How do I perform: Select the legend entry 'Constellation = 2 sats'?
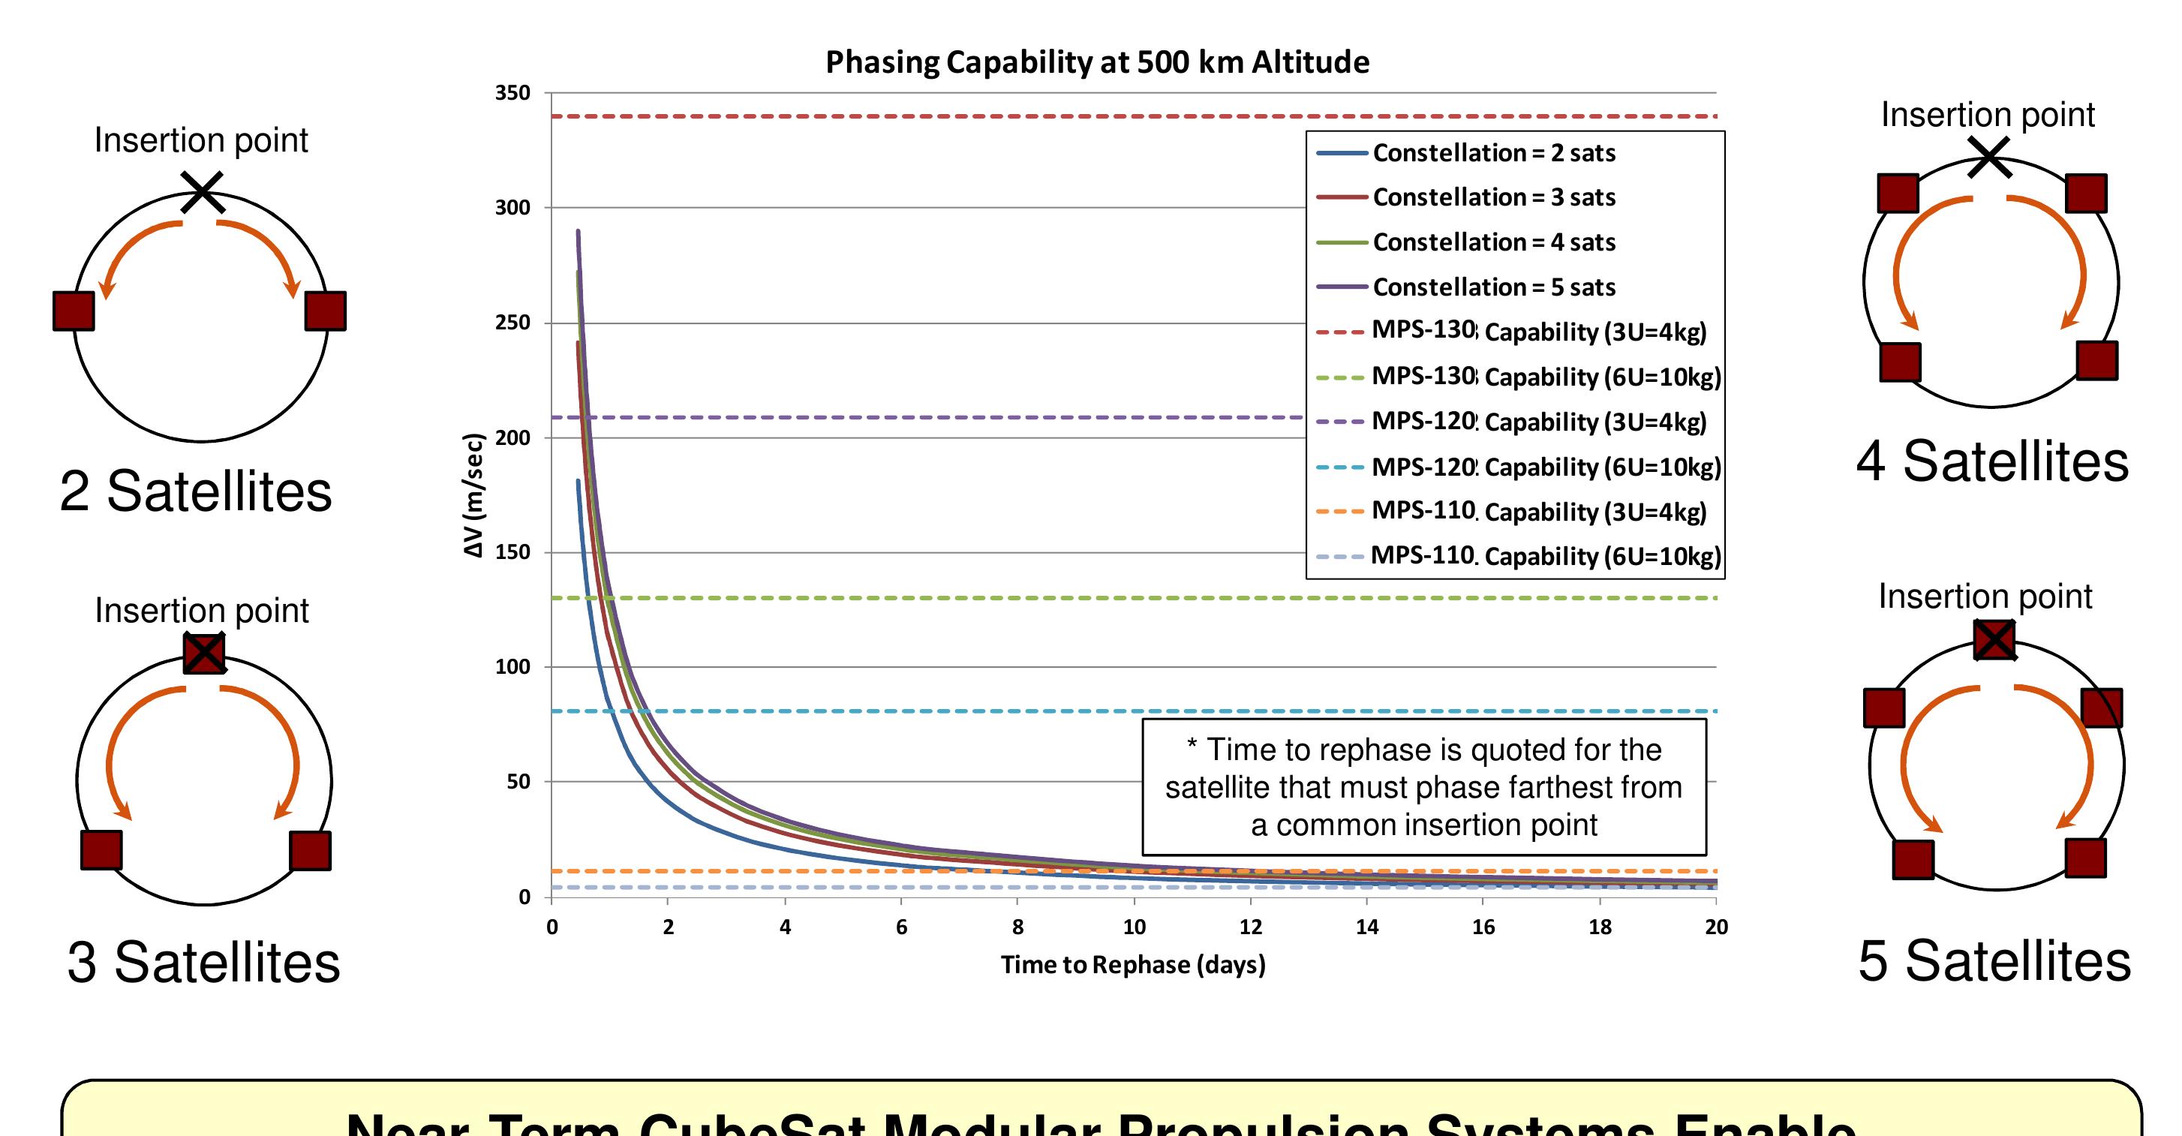pyautogui.click(x=1493, y=153)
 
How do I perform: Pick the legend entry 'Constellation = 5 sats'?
pyautogui.click(x=1493, y=287)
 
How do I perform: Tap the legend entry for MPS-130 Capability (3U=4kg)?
pyautogui.click(x=1538, y=331)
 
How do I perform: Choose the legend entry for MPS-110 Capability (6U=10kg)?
pyautogui.click(x=1545, y=556)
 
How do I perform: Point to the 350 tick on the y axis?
pyautogui.click(x=512, y=93)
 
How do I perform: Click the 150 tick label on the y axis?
pyautogui.click(x=512, y=552)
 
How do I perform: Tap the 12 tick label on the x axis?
pyautogui.click(x=1250, y=927)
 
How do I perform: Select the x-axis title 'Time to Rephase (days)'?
pyautogui.click(x=1132, y=965)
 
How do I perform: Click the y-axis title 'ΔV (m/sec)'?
pyautogui.click(x=474, y=495)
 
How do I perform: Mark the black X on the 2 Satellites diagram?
pyautogui.click(x=202, y=192)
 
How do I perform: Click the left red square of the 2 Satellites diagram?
pyautogui.click(x=74, y=311)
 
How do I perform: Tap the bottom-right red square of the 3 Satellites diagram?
pyautogui.click(x=310, y=851)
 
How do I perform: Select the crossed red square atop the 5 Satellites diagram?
pyautogui.click(x=1994, y=641)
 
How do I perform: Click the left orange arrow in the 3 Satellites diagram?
pyautogui.click(x=127, y=746)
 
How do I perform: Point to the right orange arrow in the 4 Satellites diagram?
pyautogui.click(x=2066, y=254)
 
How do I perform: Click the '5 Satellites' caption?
pyautogui.click(x=1994, y=961)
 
